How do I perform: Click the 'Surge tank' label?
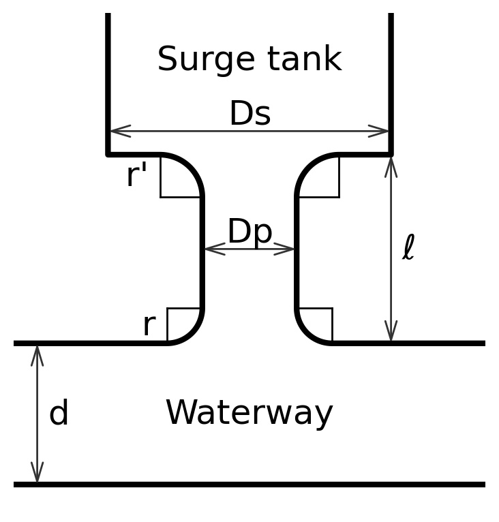click(x=249, y=59)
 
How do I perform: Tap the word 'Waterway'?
click(x=249, y=413)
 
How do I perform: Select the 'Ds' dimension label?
click(x=249, y=114)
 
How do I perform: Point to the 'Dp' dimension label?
click(x=249, y=232)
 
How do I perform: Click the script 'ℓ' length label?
click(x=408, y=248)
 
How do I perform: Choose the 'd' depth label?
click(x=59, y=414)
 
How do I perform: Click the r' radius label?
click(x=136, y=176)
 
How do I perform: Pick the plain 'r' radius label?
click(x=149, y=325)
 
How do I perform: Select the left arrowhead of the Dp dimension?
click(x=213, y=249)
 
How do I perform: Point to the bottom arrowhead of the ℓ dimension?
click(x=391, y=332)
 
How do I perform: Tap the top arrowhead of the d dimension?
click(x=37, y=355)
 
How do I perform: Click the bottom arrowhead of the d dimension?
click(x=37, y=472)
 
